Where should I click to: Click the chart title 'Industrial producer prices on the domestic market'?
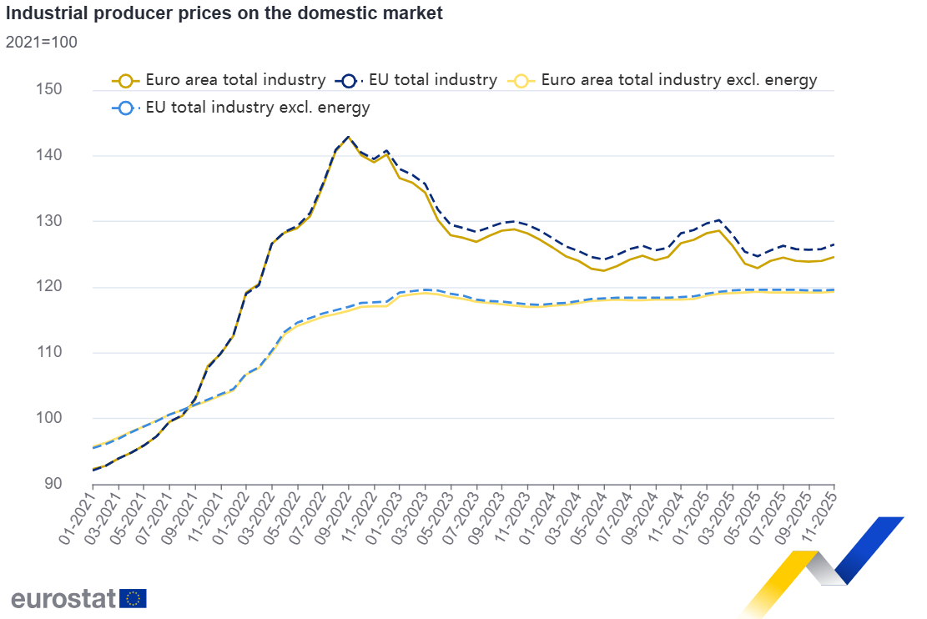pos(224,13)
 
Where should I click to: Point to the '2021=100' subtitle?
pos(42,42)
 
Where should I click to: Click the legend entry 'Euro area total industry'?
pos(234,80)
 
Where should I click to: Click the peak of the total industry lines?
pos(348,137)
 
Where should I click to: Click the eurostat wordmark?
pos(62,598)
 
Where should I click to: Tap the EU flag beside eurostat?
pos(134,598)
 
